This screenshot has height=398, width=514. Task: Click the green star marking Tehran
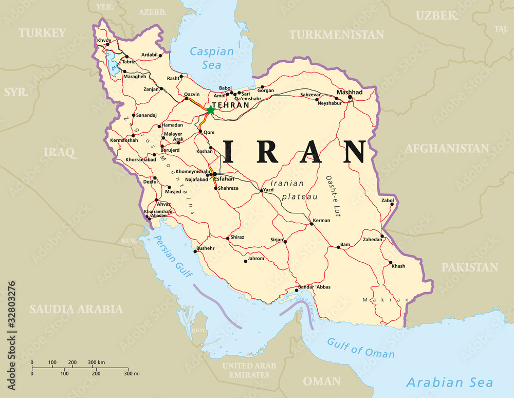click(x=210, y=110)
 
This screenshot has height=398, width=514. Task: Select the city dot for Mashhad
click(x=350, y=97)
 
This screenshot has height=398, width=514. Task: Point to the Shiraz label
click(x=237, y=237)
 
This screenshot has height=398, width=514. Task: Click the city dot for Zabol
click(x=392, y=204)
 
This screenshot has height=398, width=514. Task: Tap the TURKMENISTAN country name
click(x=336, y=34)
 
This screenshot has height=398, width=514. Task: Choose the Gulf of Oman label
click(x=361, y=348)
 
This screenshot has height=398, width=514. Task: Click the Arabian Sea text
click(x=449, y=382)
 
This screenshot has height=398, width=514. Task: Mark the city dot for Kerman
click(x=311, y=224)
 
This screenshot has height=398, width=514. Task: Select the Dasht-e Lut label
click(x=333, y=196)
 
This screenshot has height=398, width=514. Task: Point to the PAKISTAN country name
click(x=470, y=267)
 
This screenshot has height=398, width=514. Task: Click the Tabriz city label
click(x=128, y=62)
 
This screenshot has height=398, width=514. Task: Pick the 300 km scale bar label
click(x=96, y=363)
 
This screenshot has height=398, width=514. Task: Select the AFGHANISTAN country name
click(x=447, y=149)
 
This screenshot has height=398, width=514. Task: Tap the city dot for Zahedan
click(x=382, y=236)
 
